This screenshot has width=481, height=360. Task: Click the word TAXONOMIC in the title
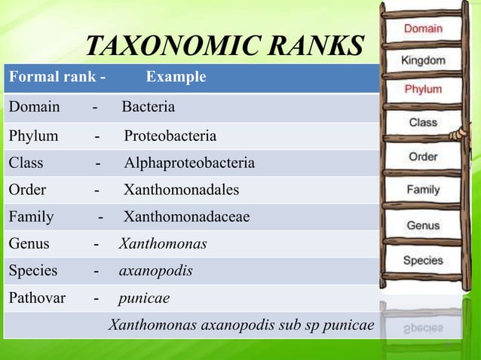click(x=156, y=47)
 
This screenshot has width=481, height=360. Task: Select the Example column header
click(x=176, y=78)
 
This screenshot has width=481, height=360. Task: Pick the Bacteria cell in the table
click(x=149, y=107)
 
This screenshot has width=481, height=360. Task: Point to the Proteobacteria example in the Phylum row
click(x=170, y=136)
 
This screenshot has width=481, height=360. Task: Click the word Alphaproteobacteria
click(x=189, y=163)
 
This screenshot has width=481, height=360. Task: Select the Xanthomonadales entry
click(x=181, y=190)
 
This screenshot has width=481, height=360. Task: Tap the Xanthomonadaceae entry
click(x=186, y=217)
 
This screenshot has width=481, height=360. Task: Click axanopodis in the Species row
click(x=155, y=270)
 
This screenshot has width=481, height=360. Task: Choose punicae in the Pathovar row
click(x=143, y=297)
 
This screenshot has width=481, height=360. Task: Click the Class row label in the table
click(x=26, y=163)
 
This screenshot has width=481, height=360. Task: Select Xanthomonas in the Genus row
click(x=163, y=244)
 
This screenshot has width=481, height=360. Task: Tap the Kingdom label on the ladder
click(x=423, y=59)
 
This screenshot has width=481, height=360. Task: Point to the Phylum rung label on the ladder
click(x=423, y=89)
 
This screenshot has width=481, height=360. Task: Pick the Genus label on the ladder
click(x=423, y=225)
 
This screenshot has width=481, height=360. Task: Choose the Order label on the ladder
click(x=423, y=157)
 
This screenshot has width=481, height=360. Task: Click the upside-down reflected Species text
click(x=423, y=329)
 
